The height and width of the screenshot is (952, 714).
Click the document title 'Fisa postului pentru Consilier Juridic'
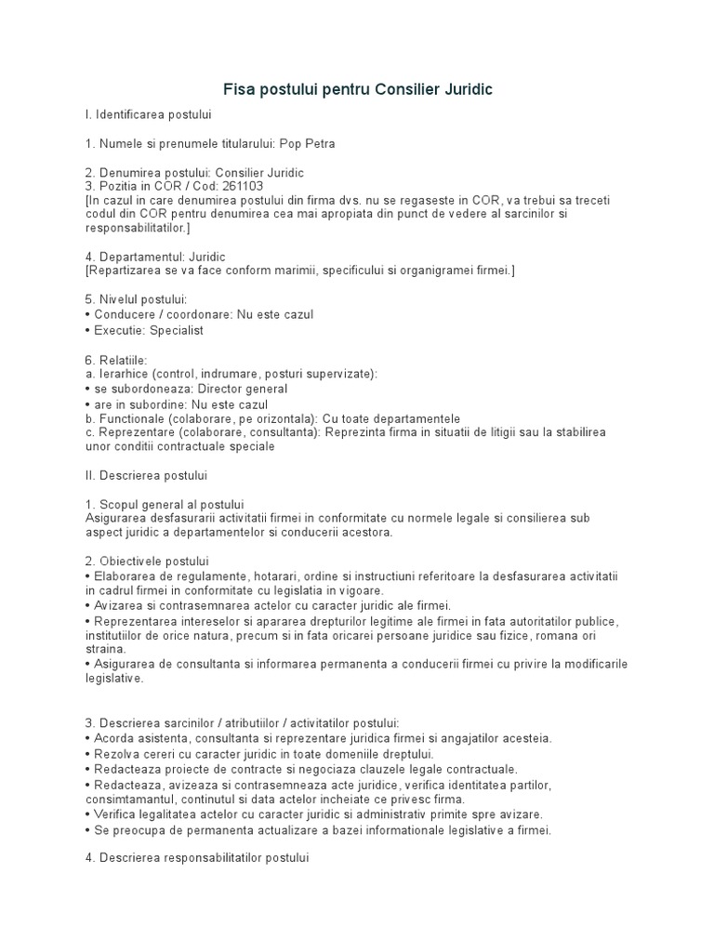tap(357, 90)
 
